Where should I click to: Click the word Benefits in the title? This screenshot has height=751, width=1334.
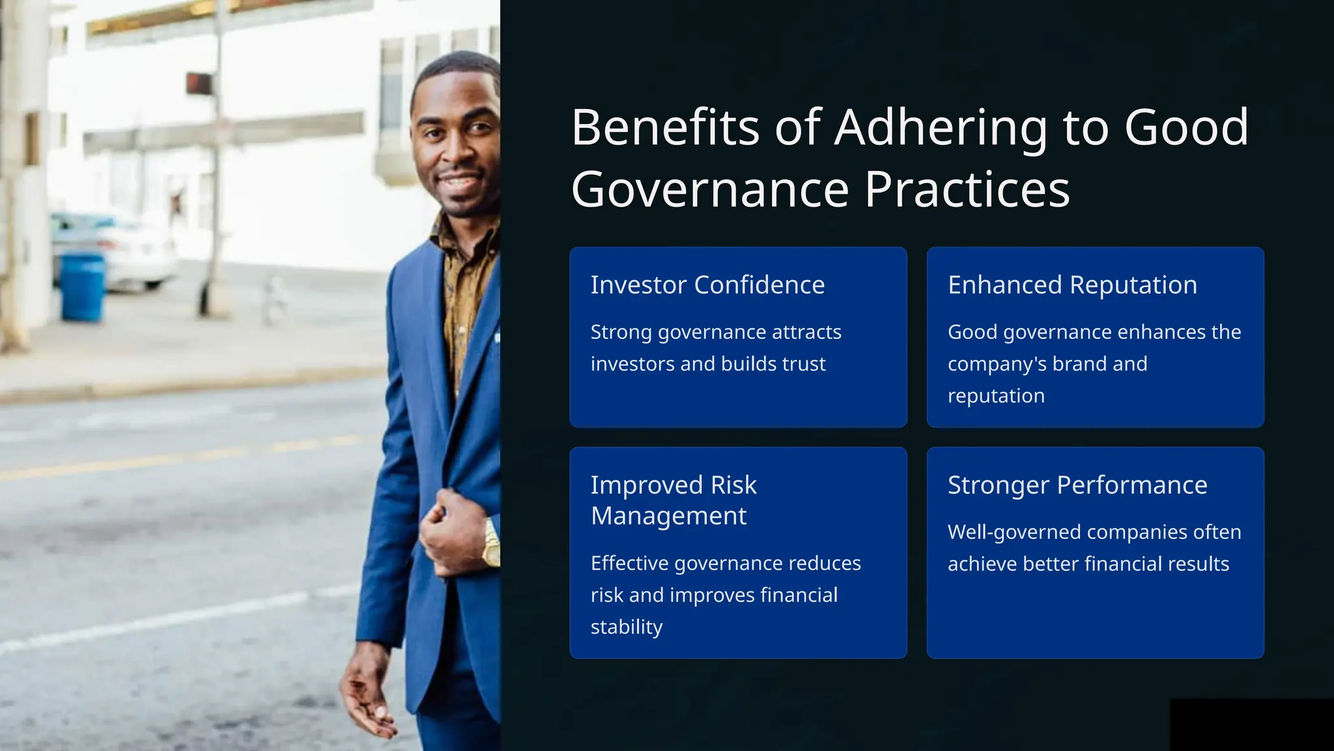(x=665, y=128)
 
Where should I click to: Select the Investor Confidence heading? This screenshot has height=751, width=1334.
(x=707, y=285)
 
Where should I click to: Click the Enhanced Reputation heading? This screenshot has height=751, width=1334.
(x=1072, y=285)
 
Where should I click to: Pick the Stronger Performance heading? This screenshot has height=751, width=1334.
(x=1077, y=485)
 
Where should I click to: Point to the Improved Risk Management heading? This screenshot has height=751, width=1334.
(x=674, y=500)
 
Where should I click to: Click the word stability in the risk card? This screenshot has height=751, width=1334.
(x=626, y=627)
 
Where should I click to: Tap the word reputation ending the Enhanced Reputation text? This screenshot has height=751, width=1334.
(x=996, y=396)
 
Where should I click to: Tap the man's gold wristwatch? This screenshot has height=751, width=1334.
(x=490, y=542)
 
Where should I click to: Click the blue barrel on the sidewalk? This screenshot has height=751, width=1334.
(x=83, y=287)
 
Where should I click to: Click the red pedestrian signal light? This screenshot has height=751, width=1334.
(x=199, y=83)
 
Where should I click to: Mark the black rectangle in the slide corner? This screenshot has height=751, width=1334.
(x=1251, y=724)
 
